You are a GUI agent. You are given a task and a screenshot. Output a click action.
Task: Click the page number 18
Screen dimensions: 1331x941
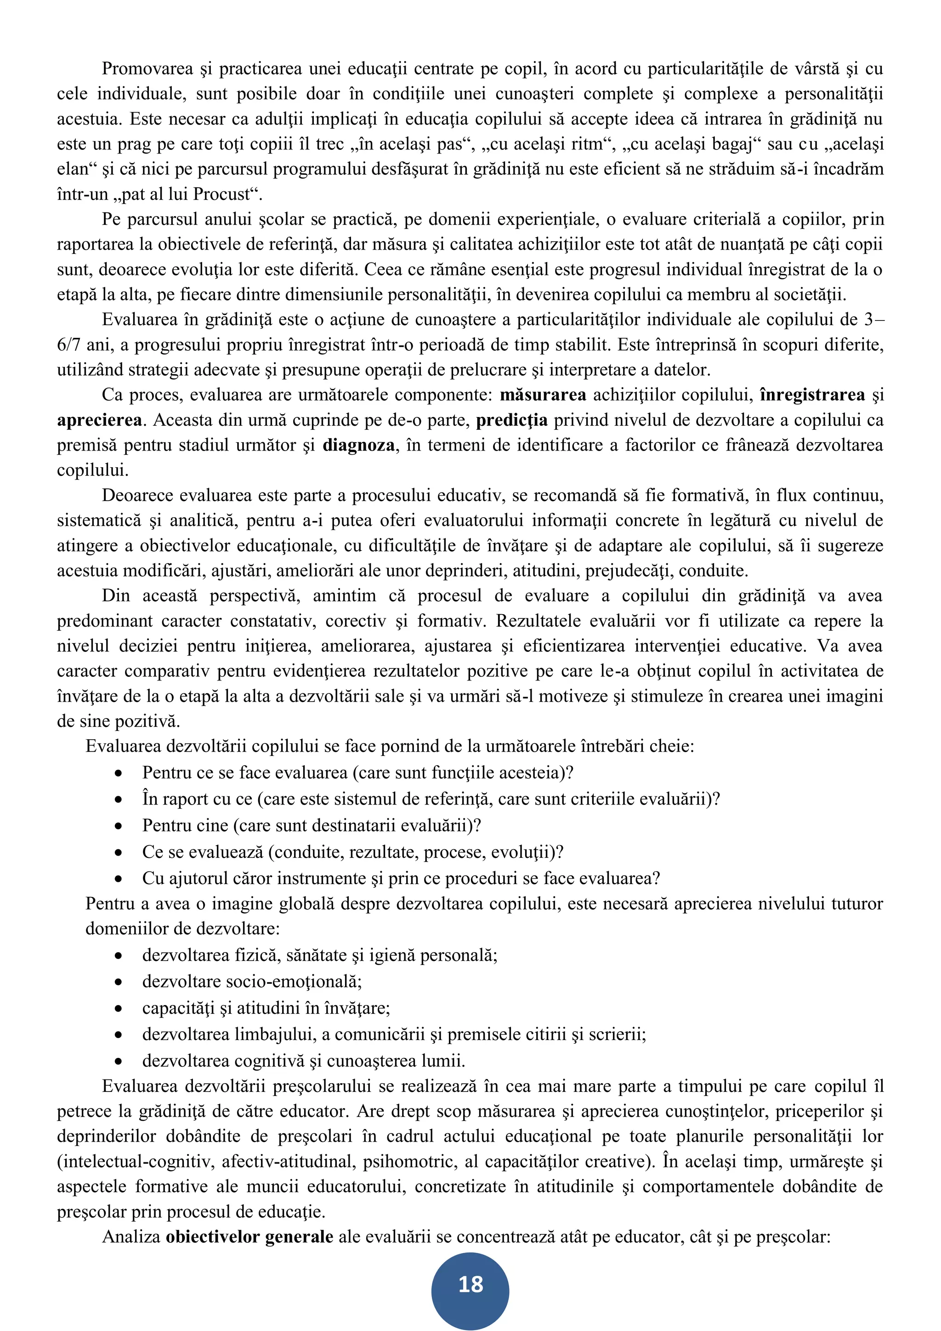click(470, 1284)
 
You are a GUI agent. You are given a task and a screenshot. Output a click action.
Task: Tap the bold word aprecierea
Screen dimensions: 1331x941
click(99, 420)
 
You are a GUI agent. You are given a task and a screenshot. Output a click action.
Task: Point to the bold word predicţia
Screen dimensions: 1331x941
click(512, 420)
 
